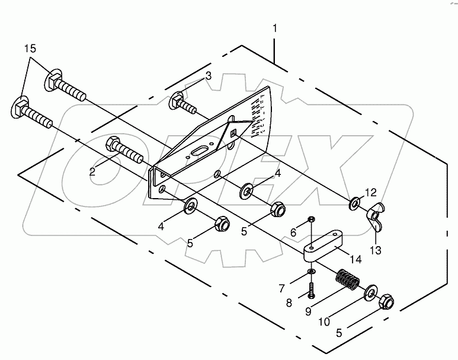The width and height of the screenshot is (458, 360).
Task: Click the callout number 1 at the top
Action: [274, 28]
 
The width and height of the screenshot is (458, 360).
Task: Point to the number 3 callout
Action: [208, 75]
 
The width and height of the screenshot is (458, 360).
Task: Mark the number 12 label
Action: [370, 192]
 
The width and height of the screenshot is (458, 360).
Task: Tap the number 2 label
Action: [93, 171]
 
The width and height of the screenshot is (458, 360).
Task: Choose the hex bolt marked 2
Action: [124, 152]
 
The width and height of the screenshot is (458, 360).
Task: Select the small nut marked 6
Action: [312, 221]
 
